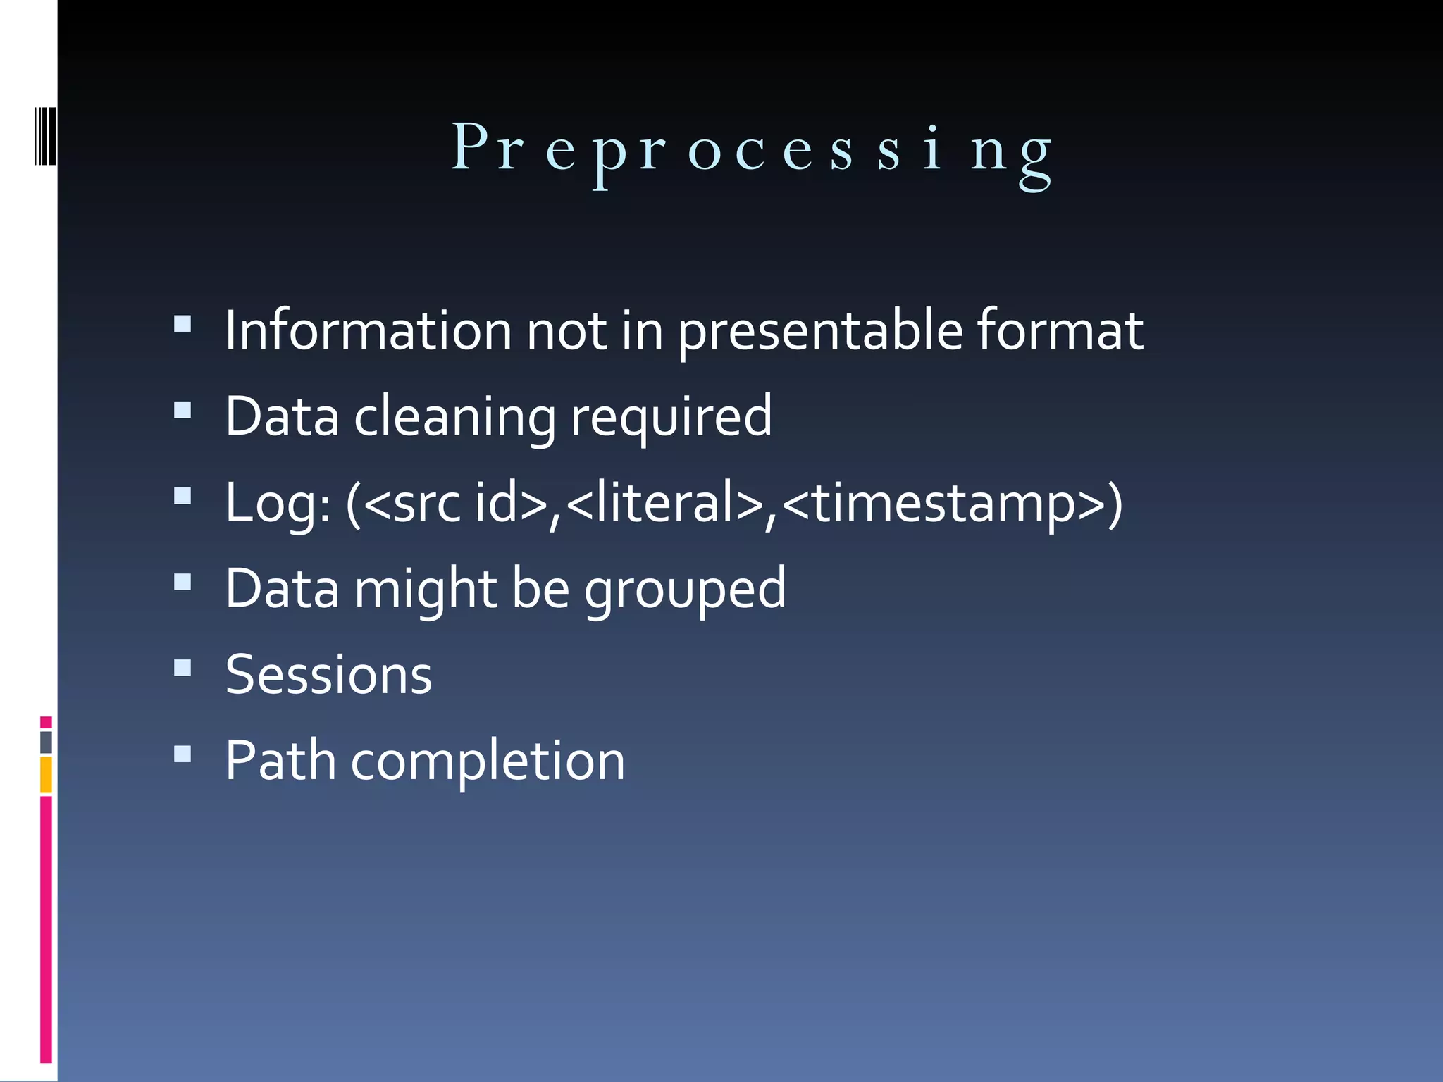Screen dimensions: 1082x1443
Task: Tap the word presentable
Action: (820, 331)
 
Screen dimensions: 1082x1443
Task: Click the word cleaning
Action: (454, 417)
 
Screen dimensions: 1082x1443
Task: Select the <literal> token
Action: (664, 503)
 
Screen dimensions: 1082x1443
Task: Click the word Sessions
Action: (328, 675)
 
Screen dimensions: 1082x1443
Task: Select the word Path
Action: (280, 761)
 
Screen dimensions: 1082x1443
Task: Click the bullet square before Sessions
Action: (182, 667)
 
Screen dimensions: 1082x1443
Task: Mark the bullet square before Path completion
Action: (182, 754)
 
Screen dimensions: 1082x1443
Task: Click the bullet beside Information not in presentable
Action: (182, 323)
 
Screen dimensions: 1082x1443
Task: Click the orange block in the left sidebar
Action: (46, 774)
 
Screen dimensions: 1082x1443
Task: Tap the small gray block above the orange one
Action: (46, 742)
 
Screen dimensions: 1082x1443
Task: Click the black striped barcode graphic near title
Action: (45, 135)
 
